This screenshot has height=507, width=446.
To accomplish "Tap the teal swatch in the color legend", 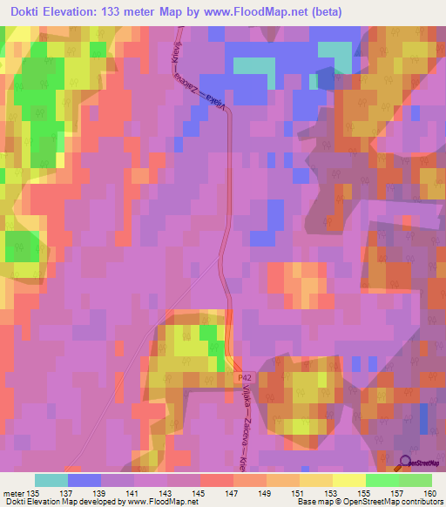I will [51, 479].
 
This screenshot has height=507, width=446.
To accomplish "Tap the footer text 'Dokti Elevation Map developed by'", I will [65, 501].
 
